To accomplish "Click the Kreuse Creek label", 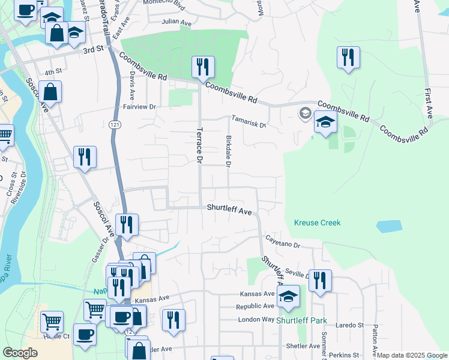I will tap(317, 223).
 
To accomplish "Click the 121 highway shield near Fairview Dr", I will tap(114, 124).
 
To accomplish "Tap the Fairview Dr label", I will tap(139, 107).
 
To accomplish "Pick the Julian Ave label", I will tap(176, 23).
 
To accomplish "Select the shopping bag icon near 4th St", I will tap(52, 92).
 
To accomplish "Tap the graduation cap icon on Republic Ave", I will tap(289, 297).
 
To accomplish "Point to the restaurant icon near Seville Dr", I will tap(320, 280).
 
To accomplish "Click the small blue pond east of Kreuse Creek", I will tap(388, 226).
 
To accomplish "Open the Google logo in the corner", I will tap(20, 353).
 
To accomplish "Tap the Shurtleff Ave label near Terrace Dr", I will tap(229, 210).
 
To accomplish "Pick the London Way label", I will tap(256, 320).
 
